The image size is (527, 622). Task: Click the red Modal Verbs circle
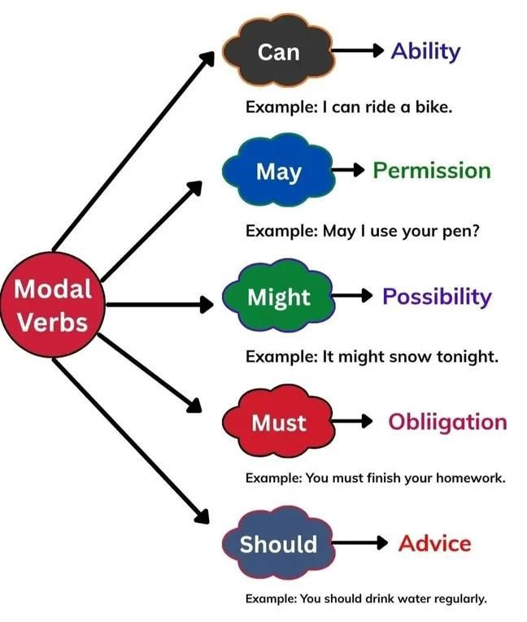point(53,305)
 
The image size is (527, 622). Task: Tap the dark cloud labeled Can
point(278,50)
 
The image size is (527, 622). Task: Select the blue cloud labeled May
point(278,171)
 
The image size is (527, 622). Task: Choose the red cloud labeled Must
point(278,422)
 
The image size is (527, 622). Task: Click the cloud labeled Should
point(278,543)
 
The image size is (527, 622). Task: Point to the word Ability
point(426,52)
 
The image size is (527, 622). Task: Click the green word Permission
point(432,171)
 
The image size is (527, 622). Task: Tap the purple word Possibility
point(437,297)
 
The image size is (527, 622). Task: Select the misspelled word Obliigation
point(447,423)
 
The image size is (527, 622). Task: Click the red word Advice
point(435,543)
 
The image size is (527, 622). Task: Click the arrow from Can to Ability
point(358,50)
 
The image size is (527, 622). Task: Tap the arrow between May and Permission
point(348,170)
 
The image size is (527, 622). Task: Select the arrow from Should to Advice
point(359,542)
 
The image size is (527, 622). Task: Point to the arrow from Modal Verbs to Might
point(160,305)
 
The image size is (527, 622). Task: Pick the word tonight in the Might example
point(467,357)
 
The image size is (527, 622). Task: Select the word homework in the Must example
point(471,478)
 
